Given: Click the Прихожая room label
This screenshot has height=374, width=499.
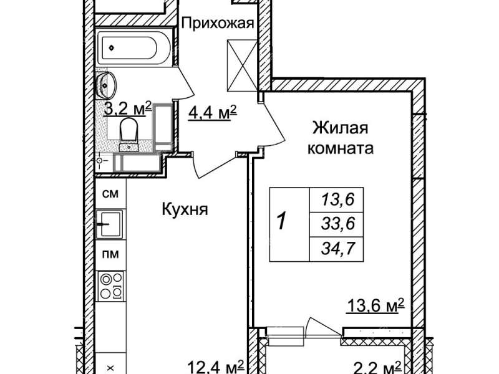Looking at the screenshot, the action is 218,23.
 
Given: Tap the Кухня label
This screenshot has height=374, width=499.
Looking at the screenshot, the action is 185,209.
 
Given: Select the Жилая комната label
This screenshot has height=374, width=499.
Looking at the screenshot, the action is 340,138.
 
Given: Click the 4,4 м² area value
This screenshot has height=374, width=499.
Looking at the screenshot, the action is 212,113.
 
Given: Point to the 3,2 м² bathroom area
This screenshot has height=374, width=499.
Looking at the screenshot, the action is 128,109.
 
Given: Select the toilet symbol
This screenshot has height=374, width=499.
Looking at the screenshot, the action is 129,134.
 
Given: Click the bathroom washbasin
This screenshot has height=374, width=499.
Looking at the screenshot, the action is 106,85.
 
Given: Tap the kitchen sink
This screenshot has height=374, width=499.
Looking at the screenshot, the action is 110,224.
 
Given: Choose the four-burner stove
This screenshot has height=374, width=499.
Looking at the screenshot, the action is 111,286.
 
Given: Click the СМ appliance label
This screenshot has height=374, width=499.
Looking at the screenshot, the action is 110,194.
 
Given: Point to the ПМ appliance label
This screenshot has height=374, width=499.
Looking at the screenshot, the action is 110,254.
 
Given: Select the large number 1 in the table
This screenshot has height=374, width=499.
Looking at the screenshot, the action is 281,221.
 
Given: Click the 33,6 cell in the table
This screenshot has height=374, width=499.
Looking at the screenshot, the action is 337,224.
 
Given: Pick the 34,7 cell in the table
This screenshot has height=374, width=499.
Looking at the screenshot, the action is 337,249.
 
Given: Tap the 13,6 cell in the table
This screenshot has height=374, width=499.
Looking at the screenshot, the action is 337,199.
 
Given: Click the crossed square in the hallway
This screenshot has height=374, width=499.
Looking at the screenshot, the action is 243,65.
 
